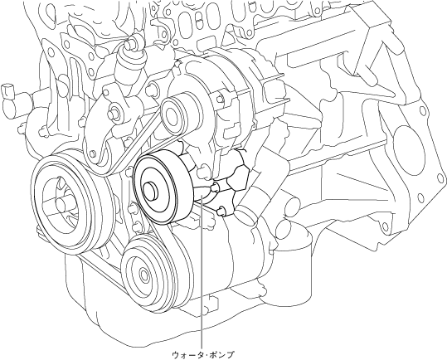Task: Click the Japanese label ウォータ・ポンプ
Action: [x=203, y=355]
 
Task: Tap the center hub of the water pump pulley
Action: [x=151, y=192]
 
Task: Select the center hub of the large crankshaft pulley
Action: [x=62, y=204]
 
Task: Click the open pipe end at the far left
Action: [x=7, y=90]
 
